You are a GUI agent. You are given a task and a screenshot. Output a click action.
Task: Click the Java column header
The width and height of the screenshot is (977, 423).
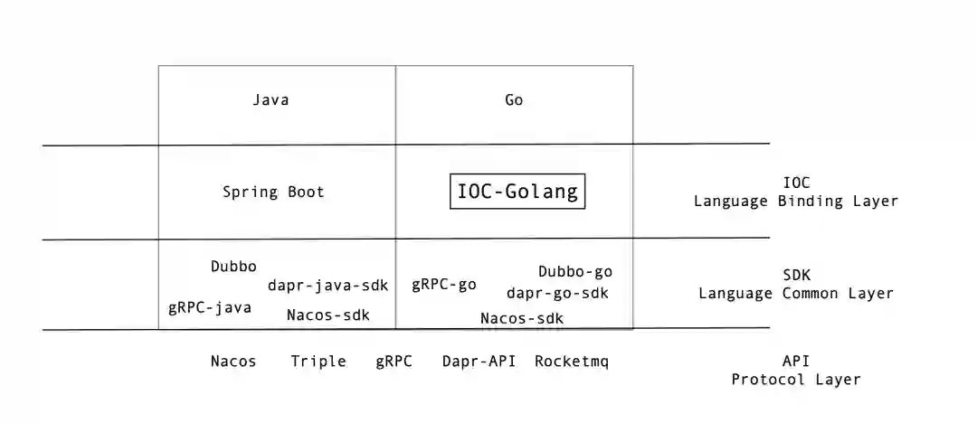point(270,99)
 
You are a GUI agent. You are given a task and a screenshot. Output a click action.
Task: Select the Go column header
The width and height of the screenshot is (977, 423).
point(514,99)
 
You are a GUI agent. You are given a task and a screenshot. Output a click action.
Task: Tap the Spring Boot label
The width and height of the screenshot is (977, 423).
point(273,192)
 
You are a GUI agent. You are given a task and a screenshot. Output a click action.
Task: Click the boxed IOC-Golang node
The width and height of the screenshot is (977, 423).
point(517,192)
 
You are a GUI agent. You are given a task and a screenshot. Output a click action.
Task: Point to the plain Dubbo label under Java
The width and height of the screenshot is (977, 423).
point(233,267)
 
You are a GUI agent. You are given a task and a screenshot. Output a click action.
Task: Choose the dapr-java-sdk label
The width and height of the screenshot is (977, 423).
point(327,286)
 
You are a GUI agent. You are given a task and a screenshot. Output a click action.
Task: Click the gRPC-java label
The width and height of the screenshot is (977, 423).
point(210,307)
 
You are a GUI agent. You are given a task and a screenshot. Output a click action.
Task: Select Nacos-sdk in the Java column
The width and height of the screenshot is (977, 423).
point(328,315)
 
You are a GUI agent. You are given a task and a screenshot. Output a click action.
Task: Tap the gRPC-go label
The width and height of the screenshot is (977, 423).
point(444,285)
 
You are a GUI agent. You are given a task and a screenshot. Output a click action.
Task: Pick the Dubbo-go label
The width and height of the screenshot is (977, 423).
point(575,271)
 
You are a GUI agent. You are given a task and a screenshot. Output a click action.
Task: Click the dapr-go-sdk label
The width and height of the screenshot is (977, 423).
point(557,293)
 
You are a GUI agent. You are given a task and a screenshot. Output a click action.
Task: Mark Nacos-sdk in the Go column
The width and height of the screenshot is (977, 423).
point(522,318)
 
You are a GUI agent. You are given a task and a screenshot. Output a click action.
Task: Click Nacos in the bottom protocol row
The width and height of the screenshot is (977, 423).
point(233,362)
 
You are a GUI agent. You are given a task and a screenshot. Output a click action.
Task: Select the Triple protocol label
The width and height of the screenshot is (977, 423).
point(318,362)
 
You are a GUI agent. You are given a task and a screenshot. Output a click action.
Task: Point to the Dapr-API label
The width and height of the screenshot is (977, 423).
point(479,362)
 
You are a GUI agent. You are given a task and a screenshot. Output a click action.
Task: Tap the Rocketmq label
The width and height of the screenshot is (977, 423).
point(572,362)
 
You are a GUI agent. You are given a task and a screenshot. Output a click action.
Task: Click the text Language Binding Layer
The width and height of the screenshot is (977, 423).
point(796,201)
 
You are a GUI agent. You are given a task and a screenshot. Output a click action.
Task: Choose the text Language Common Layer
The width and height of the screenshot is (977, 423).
point(796,293)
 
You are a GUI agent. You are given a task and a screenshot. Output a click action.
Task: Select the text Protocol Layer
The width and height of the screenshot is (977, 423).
point(796,380)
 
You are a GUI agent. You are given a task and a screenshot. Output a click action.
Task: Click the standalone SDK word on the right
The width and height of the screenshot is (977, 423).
point(796,274)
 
